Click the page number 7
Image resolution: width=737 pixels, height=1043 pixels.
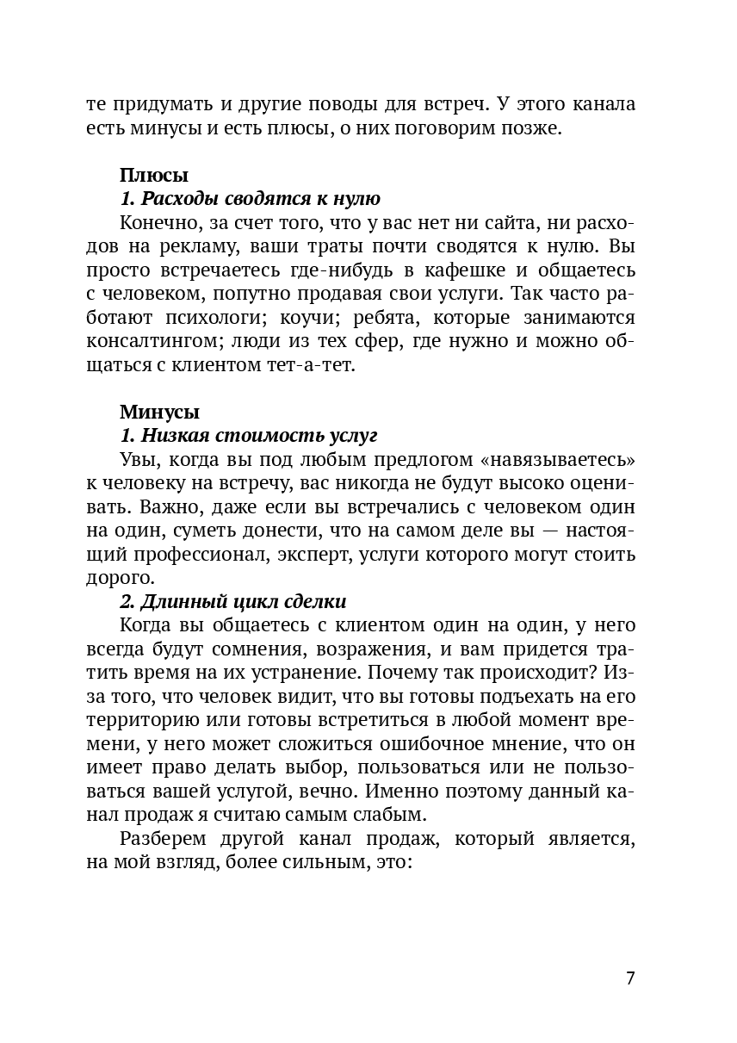[x=630, y=978]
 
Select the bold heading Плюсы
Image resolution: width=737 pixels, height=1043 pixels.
[x=153, y=176]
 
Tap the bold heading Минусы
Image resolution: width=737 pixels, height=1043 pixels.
[x=159, y=412]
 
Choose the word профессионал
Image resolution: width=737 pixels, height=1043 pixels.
[x=201, y=553]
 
